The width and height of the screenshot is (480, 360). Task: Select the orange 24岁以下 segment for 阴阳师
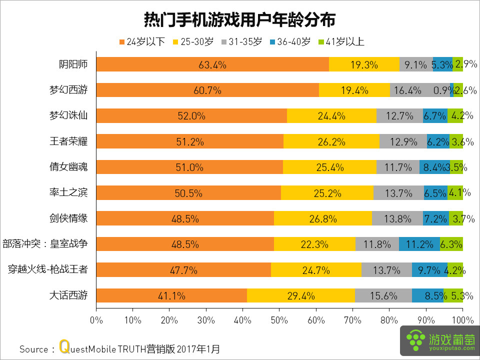point(212,64)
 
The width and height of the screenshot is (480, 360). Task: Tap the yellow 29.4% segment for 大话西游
point(300,295)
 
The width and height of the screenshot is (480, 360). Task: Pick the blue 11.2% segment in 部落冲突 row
point(419,244)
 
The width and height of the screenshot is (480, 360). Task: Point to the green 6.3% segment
point(451,244)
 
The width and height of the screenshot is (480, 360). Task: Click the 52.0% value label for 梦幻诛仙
point(191,116)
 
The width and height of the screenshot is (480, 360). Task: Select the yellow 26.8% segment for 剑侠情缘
point(322,218)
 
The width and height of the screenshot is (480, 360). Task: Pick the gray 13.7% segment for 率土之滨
point(398,193)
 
